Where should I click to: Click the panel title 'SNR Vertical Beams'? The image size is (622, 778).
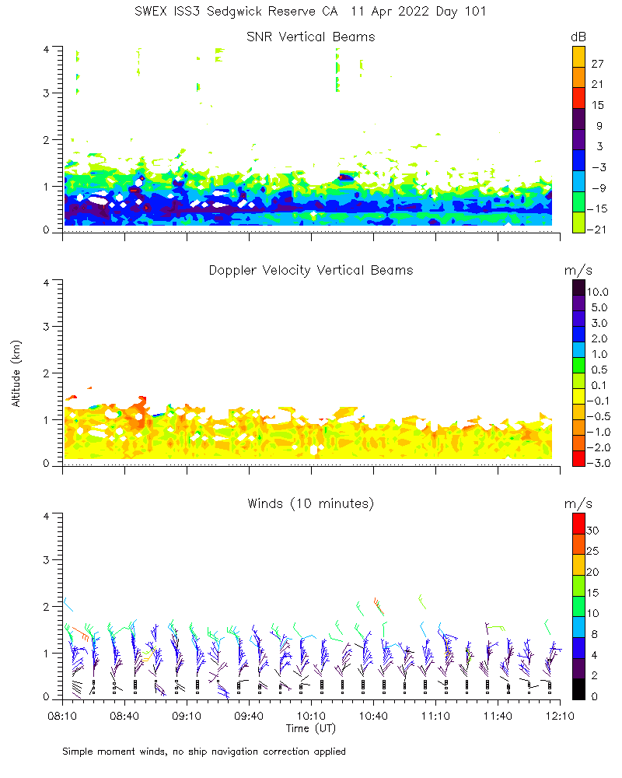310,37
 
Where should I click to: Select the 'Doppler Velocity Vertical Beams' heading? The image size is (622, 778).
310,270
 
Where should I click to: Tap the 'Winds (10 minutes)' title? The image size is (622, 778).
310,503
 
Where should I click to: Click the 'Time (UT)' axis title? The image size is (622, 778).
310,728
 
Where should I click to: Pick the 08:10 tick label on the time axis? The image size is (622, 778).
62,713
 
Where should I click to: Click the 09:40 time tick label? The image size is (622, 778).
249,713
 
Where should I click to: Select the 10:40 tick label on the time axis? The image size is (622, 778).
373,713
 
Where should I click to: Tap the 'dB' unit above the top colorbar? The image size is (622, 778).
578,37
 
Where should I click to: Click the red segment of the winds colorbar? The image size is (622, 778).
578,521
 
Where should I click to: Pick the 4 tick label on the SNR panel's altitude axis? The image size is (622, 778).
47,48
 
